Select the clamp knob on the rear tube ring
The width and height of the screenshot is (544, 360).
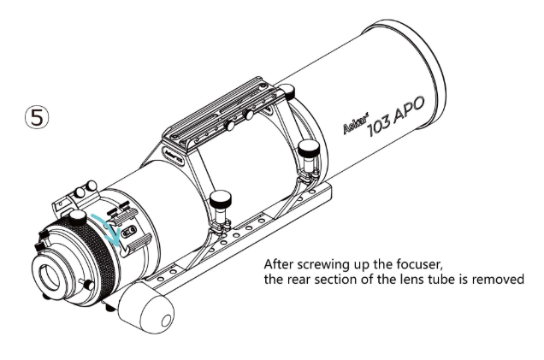pyautogui.click(x=222, y=203)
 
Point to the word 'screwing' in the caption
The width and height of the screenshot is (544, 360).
pyautogui.click(x=337, y=264)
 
